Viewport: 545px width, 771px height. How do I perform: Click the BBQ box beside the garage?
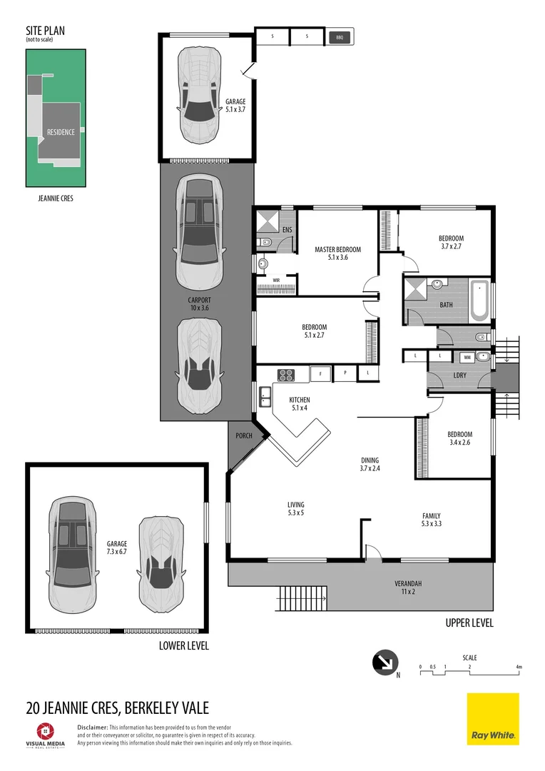340,36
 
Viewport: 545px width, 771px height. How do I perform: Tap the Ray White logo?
493,719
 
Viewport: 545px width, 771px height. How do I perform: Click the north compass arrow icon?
384,662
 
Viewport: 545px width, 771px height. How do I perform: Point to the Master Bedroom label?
337,253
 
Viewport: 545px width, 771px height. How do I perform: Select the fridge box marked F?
320,373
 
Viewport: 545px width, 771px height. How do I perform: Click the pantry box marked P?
345,373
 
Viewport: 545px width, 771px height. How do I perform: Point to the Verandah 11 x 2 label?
407,587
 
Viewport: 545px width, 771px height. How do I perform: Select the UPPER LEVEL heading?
469,623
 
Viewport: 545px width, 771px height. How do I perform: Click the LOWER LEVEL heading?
184,645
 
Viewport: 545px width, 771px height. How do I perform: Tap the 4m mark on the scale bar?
519,667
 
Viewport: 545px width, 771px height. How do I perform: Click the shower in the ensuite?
266,220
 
